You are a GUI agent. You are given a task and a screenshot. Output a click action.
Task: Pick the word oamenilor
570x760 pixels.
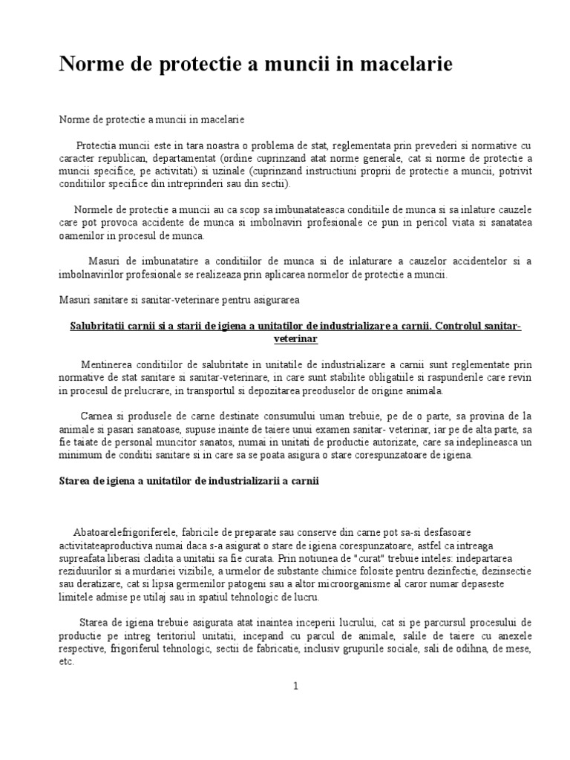tap(81, 236)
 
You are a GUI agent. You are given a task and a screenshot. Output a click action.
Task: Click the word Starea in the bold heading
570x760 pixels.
tap(76, 481)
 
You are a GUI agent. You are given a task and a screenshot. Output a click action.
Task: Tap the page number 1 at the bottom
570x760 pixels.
tap(295, 687)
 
